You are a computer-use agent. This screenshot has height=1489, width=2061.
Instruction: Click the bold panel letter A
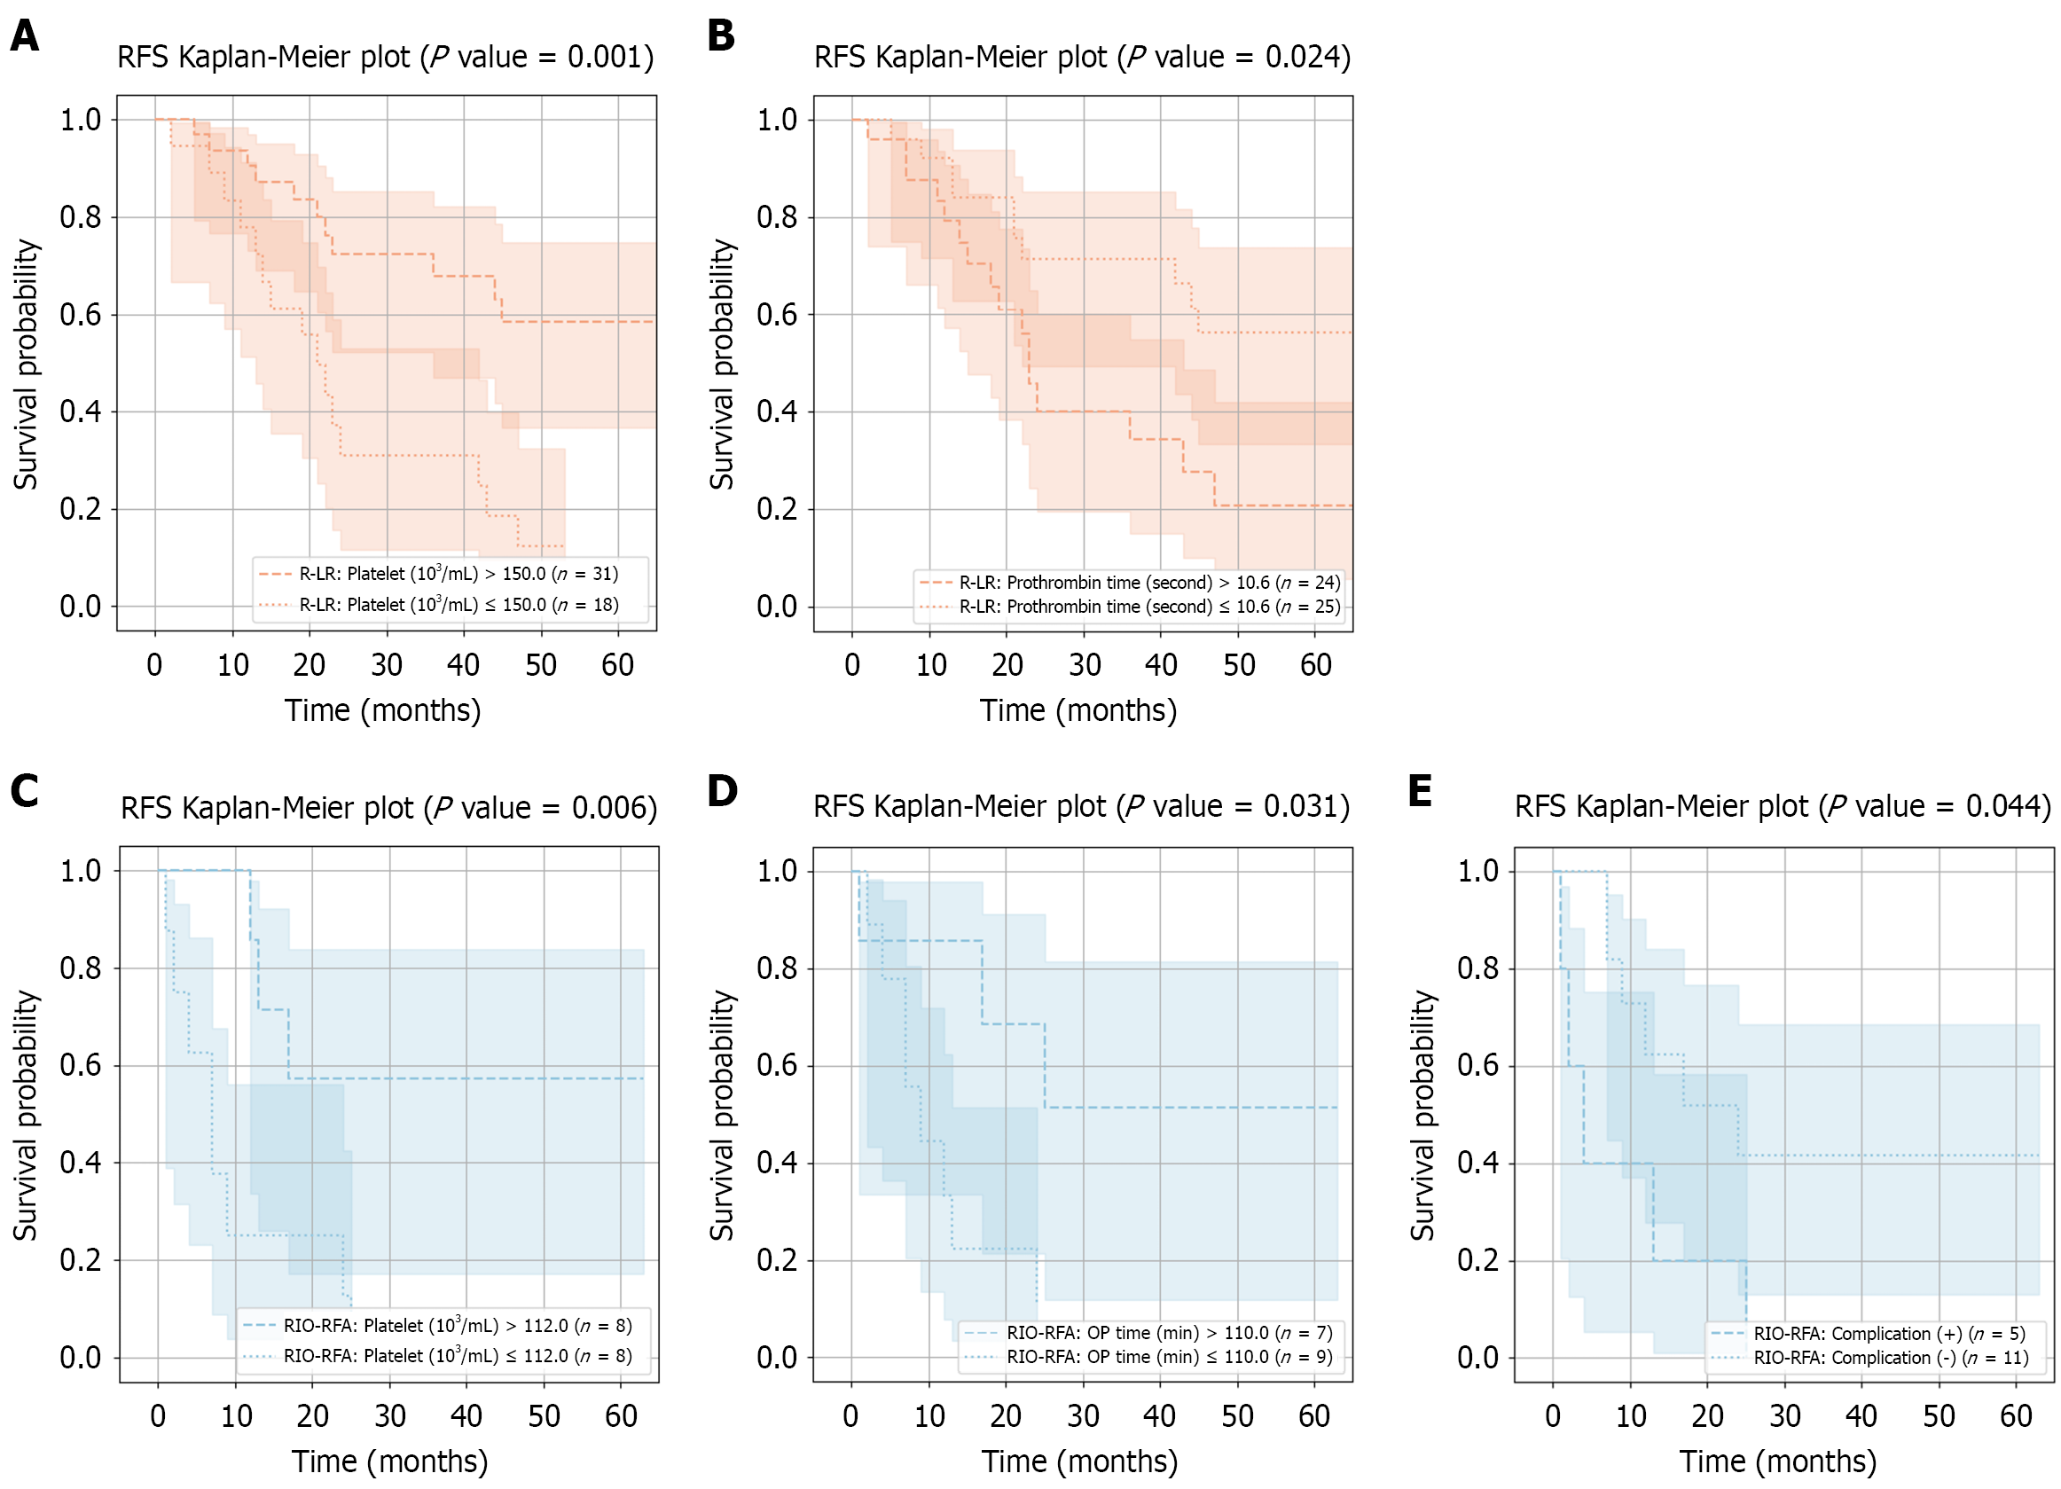tap(25, 36)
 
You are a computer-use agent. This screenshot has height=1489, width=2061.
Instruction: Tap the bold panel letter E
tap(1420, 790)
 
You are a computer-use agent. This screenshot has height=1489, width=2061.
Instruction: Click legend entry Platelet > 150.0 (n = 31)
tap(458, 574)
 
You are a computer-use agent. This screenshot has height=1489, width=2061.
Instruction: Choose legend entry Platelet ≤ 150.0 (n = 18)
tap(458, 605)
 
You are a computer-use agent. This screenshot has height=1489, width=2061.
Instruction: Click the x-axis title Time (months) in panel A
tap(382, 709)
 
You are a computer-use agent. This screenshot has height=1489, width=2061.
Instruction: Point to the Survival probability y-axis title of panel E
tap(1422, 1115)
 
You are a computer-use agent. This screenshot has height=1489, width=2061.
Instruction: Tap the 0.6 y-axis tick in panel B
tap(777, 315)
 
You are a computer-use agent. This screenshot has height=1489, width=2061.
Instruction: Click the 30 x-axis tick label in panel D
tap(1083, 1415)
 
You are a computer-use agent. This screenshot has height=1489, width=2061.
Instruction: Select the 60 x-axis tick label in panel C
tap(621, 1415)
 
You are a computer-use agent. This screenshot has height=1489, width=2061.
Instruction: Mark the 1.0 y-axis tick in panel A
tap(80, 120)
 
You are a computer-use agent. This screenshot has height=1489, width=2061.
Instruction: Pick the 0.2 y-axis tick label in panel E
tap(1477, 1260)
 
